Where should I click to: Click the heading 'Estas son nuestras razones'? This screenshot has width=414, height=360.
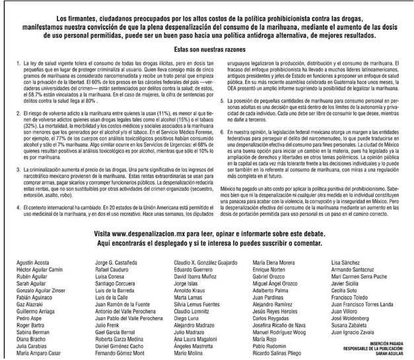click(207, 50)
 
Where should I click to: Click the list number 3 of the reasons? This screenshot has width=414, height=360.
click(16, 151)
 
